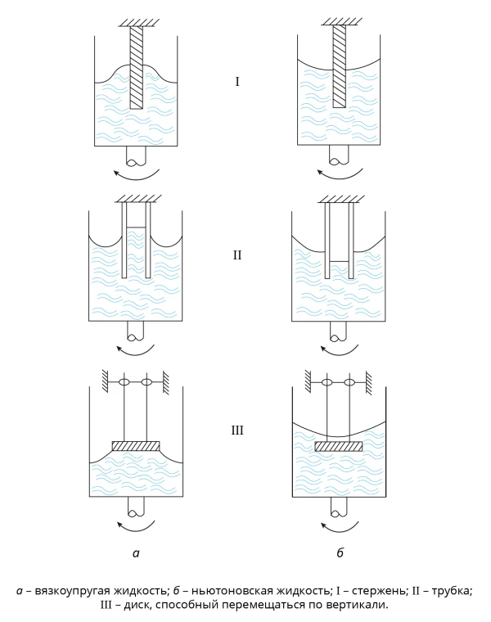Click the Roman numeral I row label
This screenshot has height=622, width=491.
[x=237, y=82]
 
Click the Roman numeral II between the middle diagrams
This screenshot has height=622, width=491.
[x=237, y=255]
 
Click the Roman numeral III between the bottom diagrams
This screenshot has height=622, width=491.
[x=237, y=430]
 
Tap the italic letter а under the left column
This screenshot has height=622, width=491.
[x=136, y=553]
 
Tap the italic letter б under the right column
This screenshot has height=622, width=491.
[x=340, y=552]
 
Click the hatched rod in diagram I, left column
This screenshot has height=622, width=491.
[x=136, y=67]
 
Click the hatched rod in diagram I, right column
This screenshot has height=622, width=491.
[x=339, y=67]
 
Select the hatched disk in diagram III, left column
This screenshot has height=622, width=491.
[x=136, y=446]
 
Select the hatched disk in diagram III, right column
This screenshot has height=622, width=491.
[x=338, y=446]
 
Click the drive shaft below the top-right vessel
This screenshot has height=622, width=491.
[x=339, y=155]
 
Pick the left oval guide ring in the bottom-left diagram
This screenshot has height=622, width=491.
[x=124, y=382]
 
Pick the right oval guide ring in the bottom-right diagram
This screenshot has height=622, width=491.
[x=349, y=382]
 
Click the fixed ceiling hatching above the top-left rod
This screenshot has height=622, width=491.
[x=139, y=23]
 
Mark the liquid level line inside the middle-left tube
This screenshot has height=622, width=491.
[x=136, y=228]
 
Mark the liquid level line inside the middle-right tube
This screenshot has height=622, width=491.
[x=339, y=261]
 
